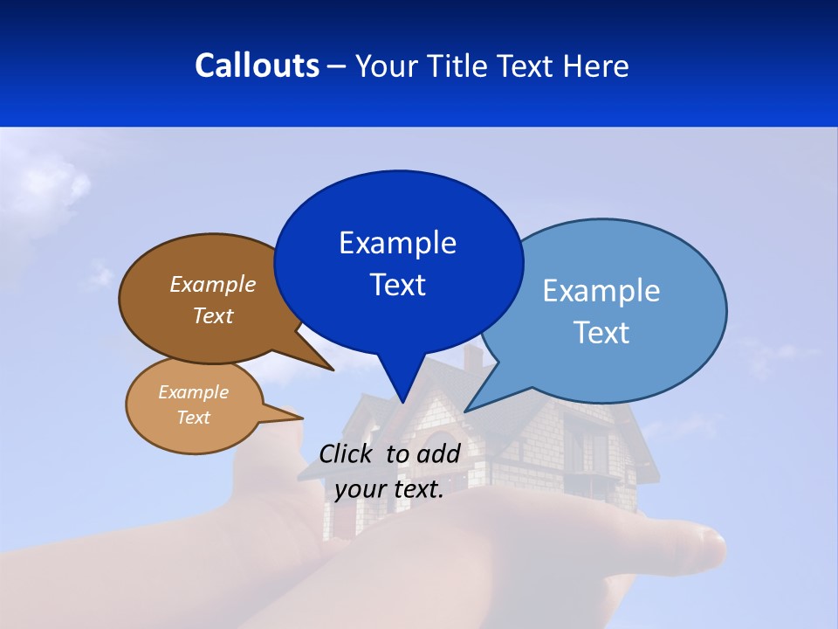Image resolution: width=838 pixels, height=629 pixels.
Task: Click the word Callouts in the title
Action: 257,66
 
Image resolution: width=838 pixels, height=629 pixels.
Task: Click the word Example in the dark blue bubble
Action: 397,243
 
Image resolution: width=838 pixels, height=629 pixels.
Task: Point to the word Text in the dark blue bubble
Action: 397,285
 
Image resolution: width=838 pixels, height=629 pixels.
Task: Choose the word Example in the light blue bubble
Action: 601,291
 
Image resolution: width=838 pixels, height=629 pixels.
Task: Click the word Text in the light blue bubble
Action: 601,333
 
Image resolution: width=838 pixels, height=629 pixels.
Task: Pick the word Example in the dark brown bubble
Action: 213,285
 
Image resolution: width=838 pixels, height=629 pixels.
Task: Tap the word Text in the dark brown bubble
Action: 213,315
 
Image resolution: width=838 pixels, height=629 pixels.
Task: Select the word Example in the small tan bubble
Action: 193,392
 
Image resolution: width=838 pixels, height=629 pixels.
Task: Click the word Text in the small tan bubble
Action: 193,418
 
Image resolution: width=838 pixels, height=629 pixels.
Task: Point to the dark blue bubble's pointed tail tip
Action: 402,402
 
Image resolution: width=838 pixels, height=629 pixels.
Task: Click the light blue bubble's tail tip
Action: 466,411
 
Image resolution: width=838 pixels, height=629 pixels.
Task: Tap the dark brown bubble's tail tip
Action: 333,370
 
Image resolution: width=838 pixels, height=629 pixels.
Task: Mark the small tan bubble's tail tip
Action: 302,418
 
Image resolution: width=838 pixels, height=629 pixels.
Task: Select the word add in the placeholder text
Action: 438,453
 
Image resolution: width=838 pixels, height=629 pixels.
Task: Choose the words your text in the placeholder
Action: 389,489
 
